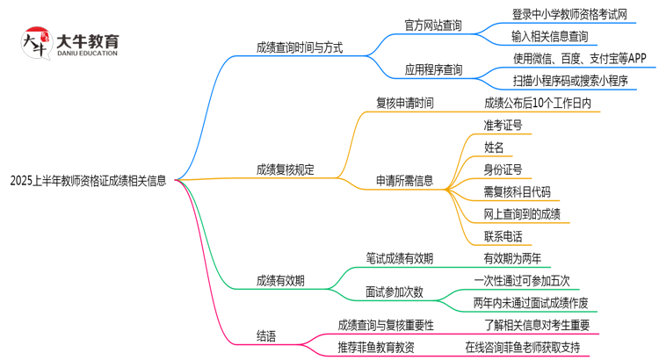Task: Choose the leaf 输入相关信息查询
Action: click(551, 37)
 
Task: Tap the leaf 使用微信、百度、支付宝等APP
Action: click(580, 59)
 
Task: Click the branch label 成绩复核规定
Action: click(286, 169)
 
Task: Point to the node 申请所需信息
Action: click(405, 181)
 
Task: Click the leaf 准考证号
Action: click(503, 126)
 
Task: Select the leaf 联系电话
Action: click(503, 236)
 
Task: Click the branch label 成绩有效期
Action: click(280, 281)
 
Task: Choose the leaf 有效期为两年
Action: click(512, 259)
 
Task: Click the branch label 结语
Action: click(265, 335)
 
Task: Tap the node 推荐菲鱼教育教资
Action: click(375, 347)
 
